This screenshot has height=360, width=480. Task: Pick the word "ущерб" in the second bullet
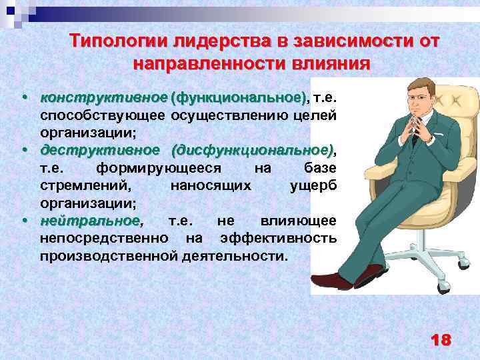click(313, 185)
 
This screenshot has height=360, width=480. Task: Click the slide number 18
click(441, 340)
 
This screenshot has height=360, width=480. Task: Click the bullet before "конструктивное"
click(25, 98)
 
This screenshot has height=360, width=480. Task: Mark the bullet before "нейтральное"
click(25, 220)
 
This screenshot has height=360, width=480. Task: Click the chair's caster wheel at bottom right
click(443, 288)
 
